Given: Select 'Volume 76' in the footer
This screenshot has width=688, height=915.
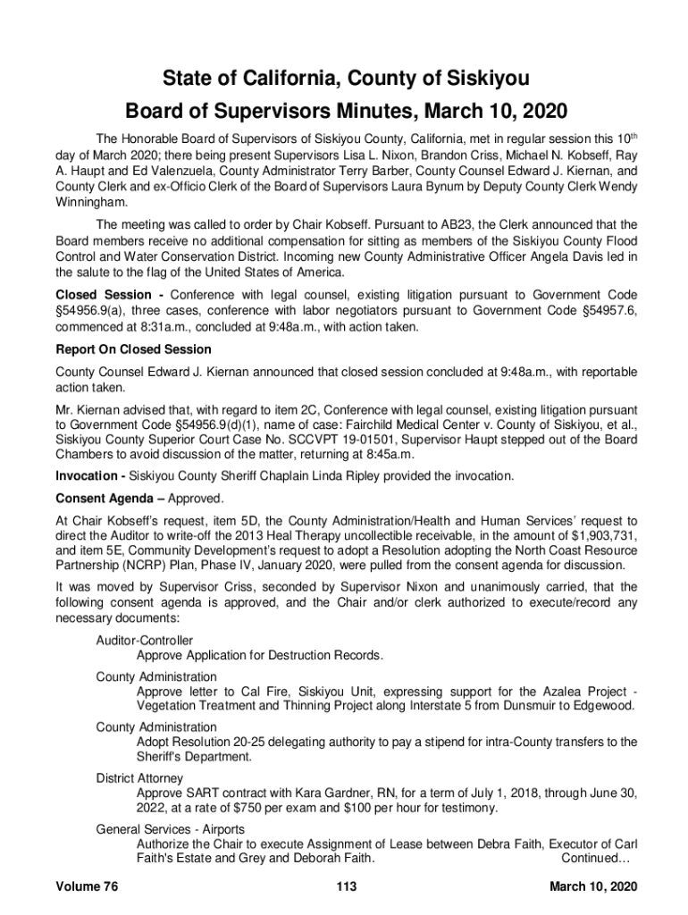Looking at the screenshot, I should [87, 886].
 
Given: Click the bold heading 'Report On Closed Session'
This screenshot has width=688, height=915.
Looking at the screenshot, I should [133, 349].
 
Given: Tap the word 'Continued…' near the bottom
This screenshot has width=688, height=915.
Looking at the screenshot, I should [596, 859].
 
